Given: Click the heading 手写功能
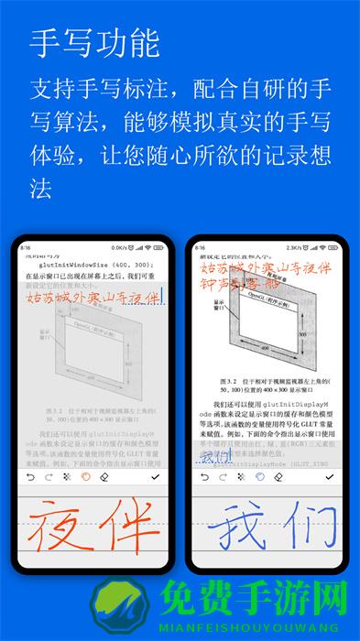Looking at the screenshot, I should [94, 42].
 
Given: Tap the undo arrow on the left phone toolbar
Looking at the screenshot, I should [28, 477].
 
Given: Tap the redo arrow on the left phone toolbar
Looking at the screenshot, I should [47, 477].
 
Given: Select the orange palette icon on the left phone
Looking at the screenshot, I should [85, 477].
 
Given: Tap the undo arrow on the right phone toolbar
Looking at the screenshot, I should [202, 477].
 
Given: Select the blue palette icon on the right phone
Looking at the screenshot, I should [260, 477].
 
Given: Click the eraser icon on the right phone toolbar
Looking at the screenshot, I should [278, 477].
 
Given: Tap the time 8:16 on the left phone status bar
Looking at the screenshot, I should [26, 247].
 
